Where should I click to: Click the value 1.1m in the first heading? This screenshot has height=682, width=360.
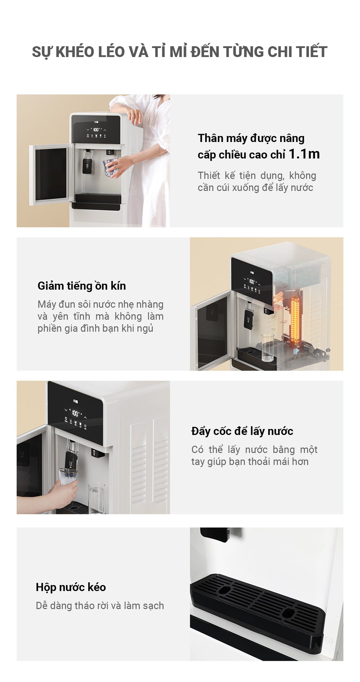pos(304,154)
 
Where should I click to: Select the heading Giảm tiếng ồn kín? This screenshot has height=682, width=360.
pos(82,286)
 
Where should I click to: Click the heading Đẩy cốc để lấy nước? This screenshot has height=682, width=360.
pos(242,431)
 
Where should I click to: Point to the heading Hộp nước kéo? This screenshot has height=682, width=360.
pos(71,587)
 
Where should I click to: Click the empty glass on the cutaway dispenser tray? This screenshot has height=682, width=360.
pos(267,347)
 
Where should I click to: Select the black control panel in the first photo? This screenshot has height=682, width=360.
pos(96,129)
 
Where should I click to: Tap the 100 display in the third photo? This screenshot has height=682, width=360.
pos(75,414)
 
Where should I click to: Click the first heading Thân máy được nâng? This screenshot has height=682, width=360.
pos(251,138)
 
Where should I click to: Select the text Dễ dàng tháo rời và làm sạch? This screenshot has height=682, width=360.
pos(100,606)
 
